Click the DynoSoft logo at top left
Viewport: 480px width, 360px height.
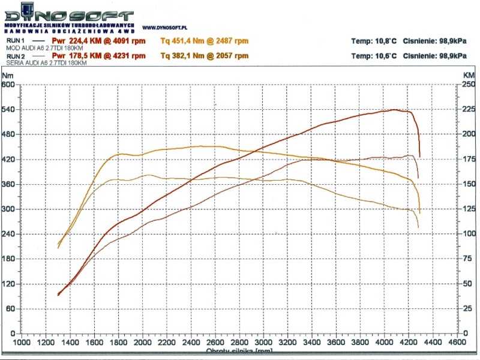(69, 13)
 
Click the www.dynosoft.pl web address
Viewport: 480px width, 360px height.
(166, 28)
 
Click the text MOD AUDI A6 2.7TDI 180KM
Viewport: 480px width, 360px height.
(43, 47)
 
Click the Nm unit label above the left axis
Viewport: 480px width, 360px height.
(7, 76)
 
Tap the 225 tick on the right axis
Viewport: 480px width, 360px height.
(469, 110)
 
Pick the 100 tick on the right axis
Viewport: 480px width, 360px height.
(469, 234)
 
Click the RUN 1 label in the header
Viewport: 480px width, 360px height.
(14, 41)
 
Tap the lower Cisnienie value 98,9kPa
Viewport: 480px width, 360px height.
(451, 56)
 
